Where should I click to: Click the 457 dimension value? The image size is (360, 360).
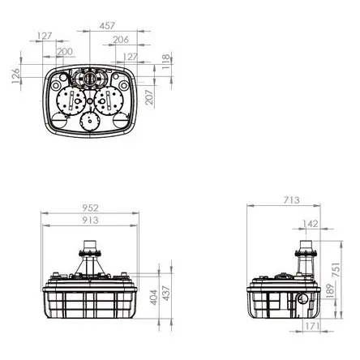(x=107, y=26)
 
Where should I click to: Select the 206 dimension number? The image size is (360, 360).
(x=121, y=40)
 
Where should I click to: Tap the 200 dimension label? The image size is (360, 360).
(x=65, y=52)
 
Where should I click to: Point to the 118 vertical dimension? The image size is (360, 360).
(x=166, y=62)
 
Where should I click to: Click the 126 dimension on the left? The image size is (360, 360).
(x=16, y=75)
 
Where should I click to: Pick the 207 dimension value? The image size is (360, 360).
(x=149, y=97)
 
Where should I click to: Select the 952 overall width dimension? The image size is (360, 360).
(x=91, y=208)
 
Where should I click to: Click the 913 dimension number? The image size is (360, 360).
(x=90, y=221)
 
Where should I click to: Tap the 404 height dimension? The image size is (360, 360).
(x=154, y=298)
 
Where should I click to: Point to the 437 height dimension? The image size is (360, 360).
(x=166, y=294)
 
